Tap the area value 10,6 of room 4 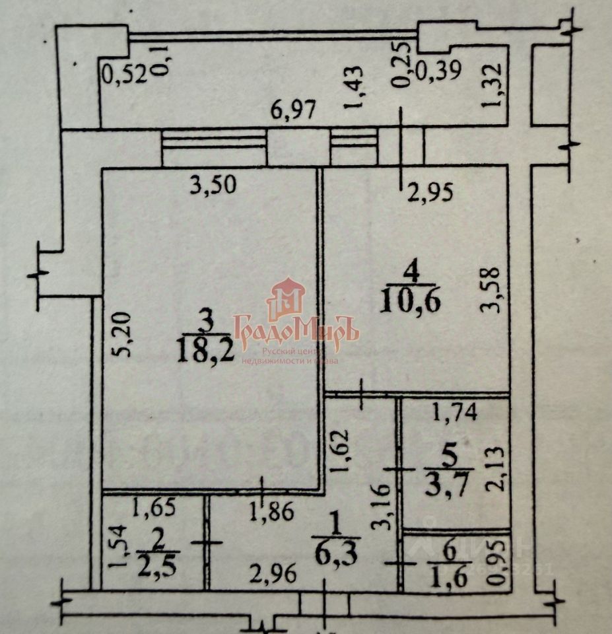[x=410, y=301]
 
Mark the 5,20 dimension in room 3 [x=125, y=335]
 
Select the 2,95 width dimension [x=430, y=192]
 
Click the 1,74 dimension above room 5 [x=454, y=414]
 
